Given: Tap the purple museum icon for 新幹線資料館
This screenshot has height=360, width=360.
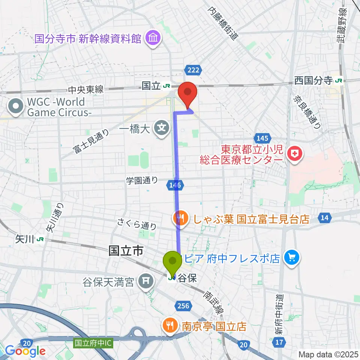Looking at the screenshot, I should point(153,38).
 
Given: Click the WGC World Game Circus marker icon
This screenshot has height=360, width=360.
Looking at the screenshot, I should point(16,107).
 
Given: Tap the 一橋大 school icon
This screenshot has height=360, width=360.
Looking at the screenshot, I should point(162,128).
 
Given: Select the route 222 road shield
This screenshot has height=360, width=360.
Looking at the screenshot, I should point(193,69).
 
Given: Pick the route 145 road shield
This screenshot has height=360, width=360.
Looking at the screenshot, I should point(261,138).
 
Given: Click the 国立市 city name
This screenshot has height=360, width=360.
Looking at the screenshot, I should point(126,251).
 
